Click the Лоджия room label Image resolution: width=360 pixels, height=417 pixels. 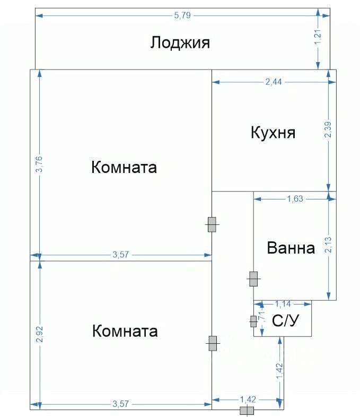pos(180,42)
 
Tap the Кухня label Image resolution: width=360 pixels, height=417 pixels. pos(273,132)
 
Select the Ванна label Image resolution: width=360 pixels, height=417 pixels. pos(291,248)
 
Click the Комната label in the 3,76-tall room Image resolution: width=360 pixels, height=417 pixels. pos(124,168)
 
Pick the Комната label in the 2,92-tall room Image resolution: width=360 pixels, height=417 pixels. pos(125,332)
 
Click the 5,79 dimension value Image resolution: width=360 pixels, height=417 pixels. pos(182,15)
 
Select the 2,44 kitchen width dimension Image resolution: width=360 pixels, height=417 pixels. pos(274,82)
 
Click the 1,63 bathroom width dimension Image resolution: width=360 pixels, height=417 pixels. pos(295,199)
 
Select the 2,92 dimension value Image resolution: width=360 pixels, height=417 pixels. pos(39,334)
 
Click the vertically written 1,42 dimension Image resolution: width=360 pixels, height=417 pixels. pos(279,371)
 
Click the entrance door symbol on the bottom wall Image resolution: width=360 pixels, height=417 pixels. pos(247,411)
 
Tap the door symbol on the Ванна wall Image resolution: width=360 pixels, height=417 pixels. pos(253,279)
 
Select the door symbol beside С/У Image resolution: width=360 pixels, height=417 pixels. pos(253,321)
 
